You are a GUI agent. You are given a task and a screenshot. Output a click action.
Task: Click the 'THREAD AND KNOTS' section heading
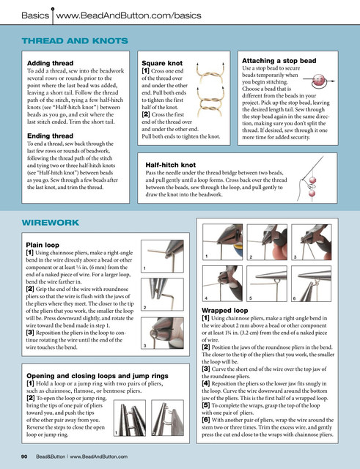pos(75,41)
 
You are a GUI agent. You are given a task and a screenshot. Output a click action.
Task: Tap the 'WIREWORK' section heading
pos(51,223)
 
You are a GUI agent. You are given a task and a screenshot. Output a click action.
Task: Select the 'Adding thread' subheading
pos(50,63)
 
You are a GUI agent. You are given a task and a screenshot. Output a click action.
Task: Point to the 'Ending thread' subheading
pos(50,136)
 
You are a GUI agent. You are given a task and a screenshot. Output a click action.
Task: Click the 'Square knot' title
pos(162,63)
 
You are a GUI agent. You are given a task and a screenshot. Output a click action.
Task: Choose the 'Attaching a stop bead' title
pos(279,61)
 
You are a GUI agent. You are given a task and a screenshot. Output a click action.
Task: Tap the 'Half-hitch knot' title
pos(171,165)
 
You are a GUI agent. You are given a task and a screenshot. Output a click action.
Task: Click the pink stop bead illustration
pos(319,81)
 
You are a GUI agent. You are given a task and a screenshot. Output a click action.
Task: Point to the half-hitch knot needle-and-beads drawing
pos(310,179)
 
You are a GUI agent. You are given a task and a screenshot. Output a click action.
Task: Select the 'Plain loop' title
pos(43,245)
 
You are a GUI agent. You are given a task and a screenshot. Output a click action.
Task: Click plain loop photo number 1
pos(162,256)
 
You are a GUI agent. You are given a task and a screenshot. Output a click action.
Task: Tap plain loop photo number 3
pos(162,333)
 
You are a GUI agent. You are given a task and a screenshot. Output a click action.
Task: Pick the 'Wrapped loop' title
pos(225,311)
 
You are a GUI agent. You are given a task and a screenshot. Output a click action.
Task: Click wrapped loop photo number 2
pos(267,243)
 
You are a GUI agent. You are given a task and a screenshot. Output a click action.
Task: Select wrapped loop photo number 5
pos(267,284)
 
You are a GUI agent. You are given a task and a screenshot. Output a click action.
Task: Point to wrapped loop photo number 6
pos(311,284)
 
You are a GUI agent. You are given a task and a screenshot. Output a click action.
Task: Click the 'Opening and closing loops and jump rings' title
pos(98,376)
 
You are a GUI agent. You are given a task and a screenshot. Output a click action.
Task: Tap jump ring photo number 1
pos(130,418)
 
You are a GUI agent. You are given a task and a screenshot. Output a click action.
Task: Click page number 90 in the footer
pos(24,457)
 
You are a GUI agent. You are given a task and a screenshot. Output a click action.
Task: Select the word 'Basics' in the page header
pos(35,15)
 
